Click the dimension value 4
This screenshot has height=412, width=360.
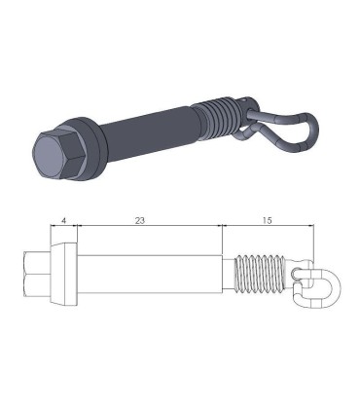[x=63, y=222]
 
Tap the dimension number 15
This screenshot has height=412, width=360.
[x=268, y=222]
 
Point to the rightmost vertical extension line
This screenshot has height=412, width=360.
[x=317, y=243]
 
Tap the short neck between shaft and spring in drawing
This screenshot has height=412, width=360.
[x=230, y=275]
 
